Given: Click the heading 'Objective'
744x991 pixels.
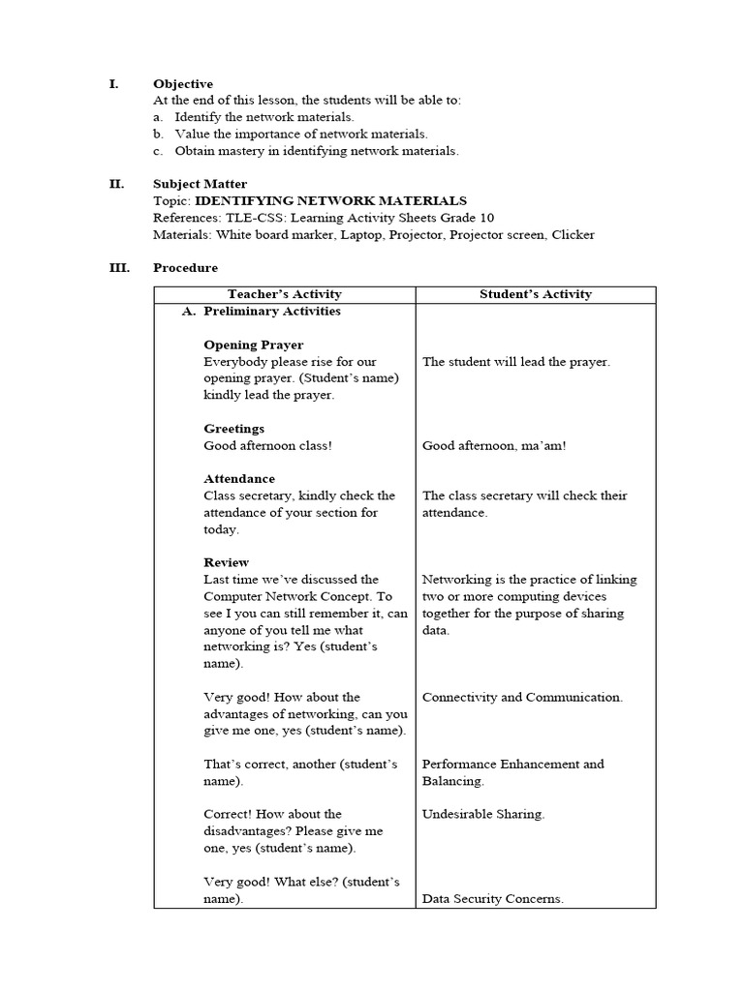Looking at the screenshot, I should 183,84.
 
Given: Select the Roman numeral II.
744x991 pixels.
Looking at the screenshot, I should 117,184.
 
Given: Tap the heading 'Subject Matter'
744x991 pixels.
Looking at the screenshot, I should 200,184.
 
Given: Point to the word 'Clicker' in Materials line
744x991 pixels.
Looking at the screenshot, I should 573,234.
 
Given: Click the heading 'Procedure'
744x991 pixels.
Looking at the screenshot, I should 185,268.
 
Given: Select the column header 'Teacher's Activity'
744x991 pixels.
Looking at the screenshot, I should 284,294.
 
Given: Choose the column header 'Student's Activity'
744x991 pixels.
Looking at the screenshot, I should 535,294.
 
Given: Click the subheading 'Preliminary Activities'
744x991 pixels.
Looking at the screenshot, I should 271,312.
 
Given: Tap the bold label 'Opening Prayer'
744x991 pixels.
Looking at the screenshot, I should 253,345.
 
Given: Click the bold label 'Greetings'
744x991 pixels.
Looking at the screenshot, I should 233,429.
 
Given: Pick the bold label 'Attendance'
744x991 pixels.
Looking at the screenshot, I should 238,479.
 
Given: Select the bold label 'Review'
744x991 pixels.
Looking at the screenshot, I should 226,562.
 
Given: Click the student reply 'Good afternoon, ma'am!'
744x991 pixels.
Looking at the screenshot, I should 494,446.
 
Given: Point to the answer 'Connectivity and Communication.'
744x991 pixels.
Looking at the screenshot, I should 522,697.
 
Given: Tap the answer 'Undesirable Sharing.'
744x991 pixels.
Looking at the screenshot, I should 483,814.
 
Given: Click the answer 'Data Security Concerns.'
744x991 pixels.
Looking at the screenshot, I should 492,899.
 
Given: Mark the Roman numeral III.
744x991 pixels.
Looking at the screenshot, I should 119,268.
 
